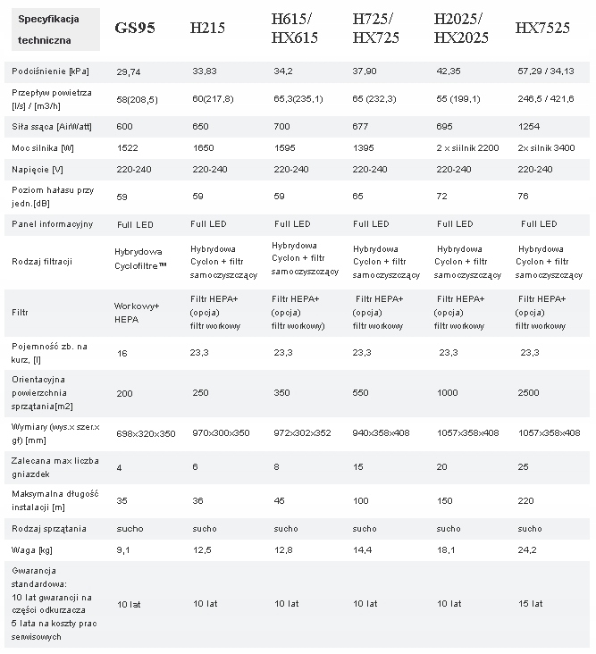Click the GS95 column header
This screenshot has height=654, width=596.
coord(135,29)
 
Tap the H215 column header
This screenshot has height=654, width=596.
coord(207,29)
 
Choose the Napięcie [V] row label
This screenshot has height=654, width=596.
coord(38,168)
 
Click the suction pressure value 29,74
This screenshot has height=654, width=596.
coord(128,70)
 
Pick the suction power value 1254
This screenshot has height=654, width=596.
coord(528,126)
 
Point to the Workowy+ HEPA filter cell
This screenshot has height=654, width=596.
coord(137,313)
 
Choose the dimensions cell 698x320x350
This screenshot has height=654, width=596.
coord(147,433)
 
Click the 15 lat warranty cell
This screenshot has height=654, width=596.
coord(530,603)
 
